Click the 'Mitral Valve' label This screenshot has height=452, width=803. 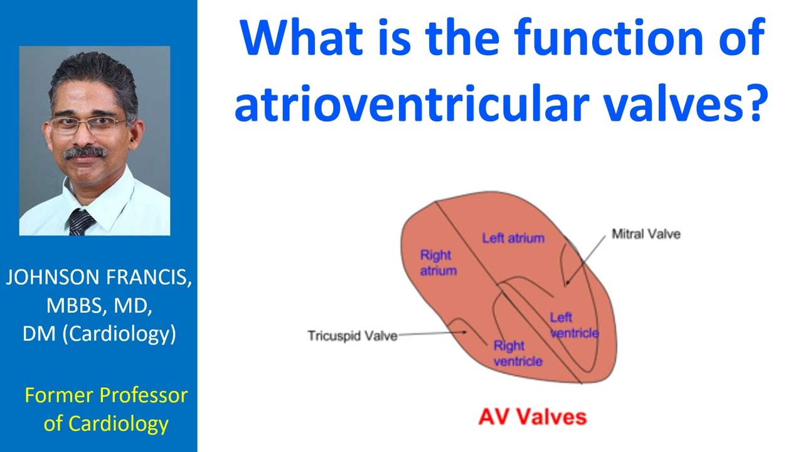tap(646, 234)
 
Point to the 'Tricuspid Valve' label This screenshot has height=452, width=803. tap(352, 336)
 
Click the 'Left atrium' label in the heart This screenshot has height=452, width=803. tap(513, 239)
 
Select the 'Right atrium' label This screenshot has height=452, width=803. tap(437, 263)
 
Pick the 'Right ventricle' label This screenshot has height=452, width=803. tap(517, 353)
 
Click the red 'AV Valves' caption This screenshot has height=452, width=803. tap(532, 417)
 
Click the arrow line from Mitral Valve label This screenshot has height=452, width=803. tap(590, 258)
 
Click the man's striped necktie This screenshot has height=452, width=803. tap(81, 222)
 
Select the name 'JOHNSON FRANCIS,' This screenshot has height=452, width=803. tap(98, 278)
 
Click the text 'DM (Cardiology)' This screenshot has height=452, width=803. tap(98, 333)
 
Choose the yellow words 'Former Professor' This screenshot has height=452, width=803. tap(105, 395)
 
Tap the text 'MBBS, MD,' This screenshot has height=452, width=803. tap(98, 306)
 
